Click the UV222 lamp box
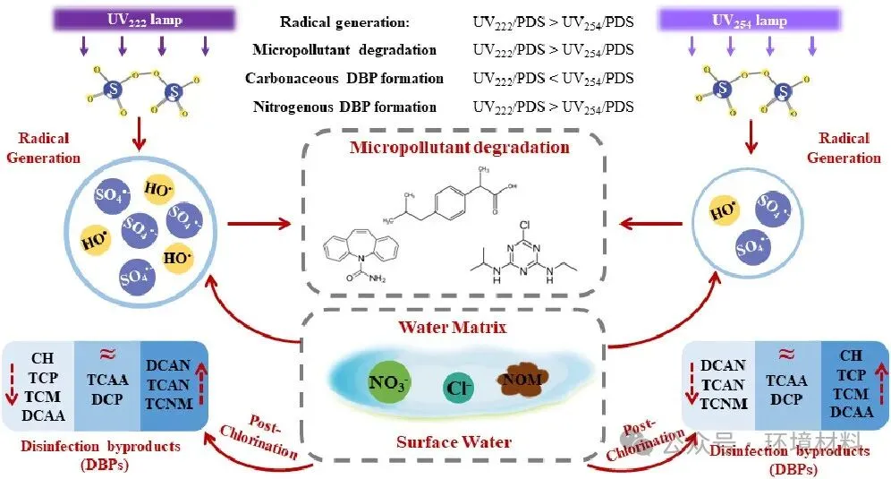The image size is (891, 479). tap(143, 19)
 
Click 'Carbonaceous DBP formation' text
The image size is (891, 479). tap(341, 79)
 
